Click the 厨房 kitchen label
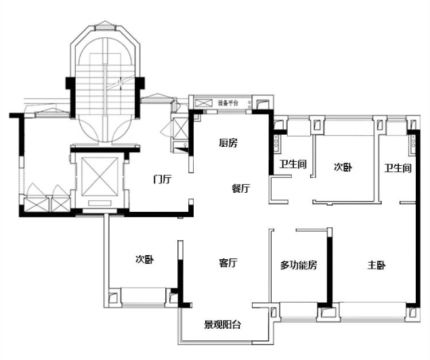228,143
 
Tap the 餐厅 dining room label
240,189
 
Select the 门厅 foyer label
162,179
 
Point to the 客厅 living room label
228,263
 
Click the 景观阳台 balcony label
223,325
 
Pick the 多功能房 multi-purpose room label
299,265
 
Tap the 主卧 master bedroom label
377,265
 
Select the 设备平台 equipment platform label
228,103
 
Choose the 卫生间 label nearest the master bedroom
398,167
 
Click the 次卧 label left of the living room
144,258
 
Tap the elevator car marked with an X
98,180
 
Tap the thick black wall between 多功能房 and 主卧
330,267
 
